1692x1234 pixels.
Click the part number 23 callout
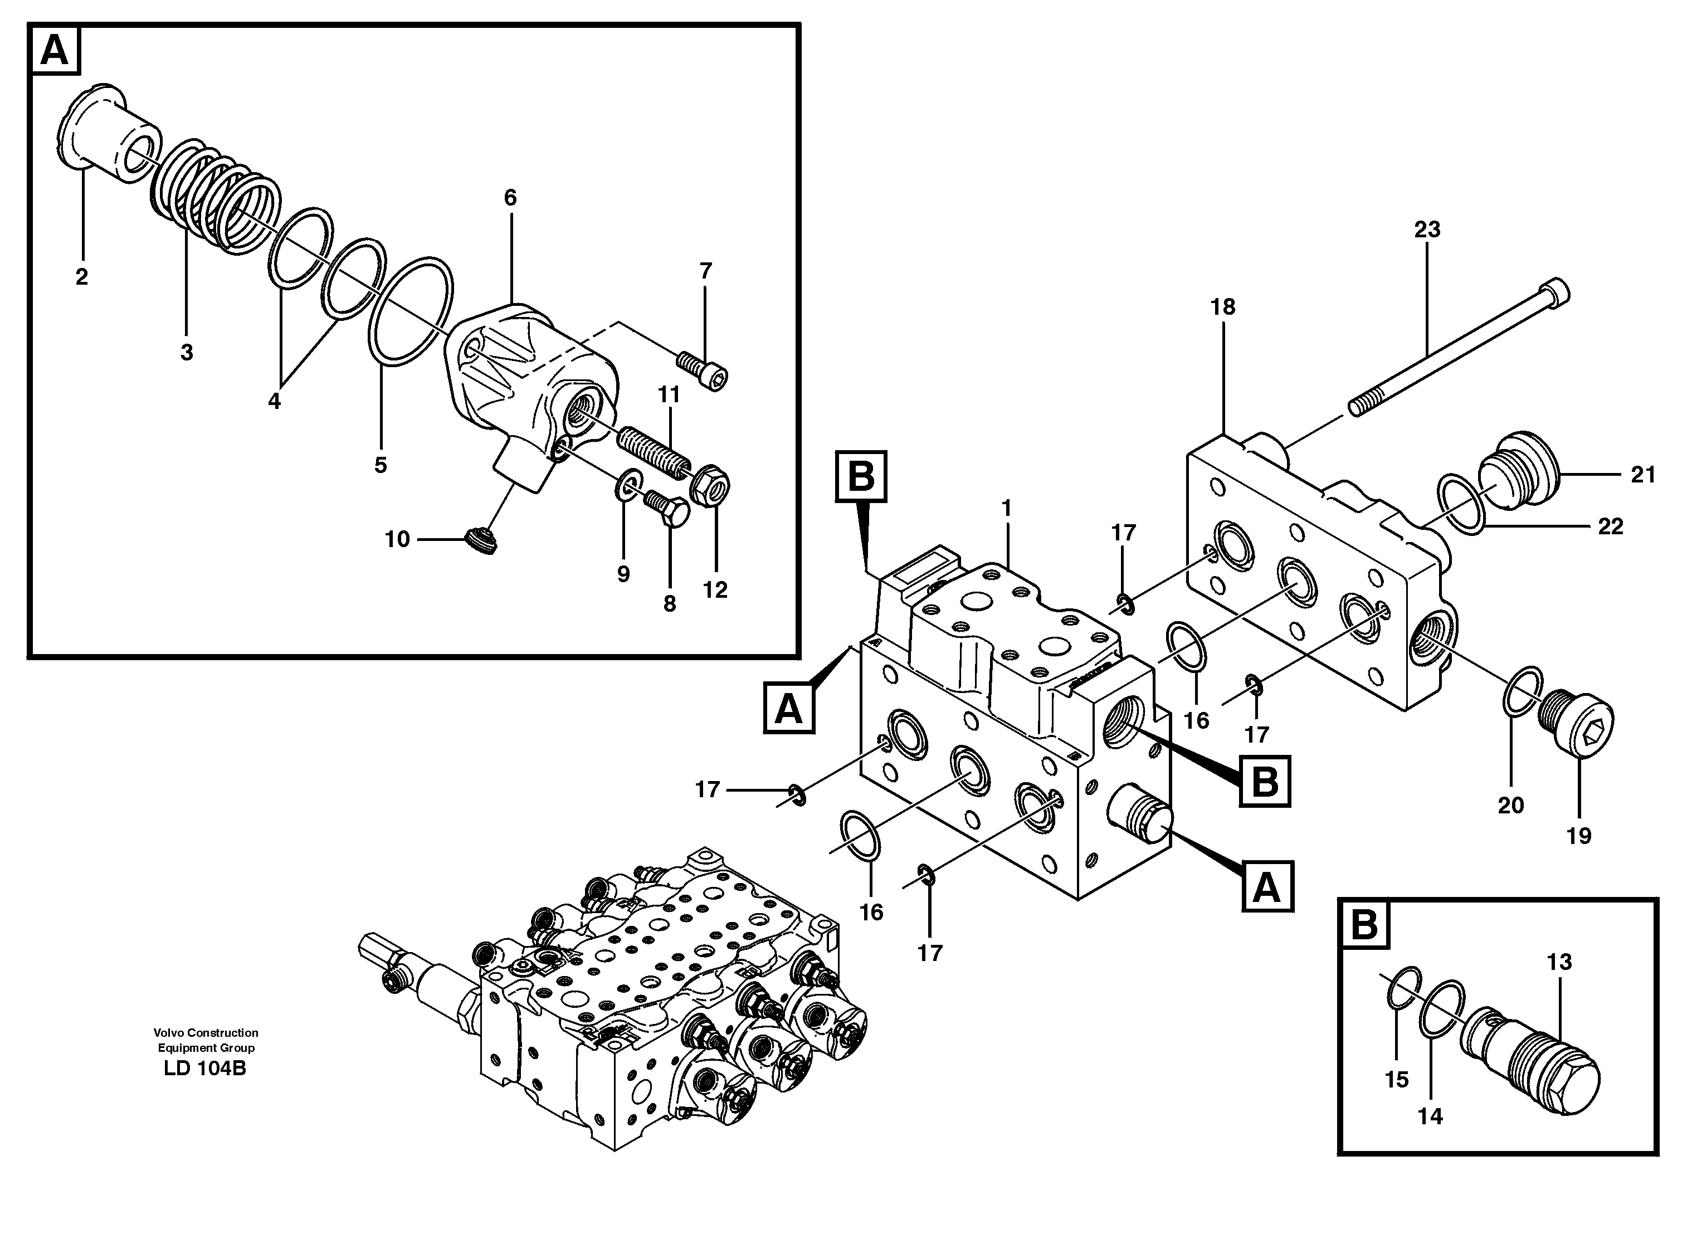click(x=1426, y=230)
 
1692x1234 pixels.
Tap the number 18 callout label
click(x=1223, y=307)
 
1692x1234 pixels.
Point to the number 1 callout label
click(x=1006, y=508)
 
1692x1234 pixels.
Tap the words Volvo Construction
click(x=206, y=1033)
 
